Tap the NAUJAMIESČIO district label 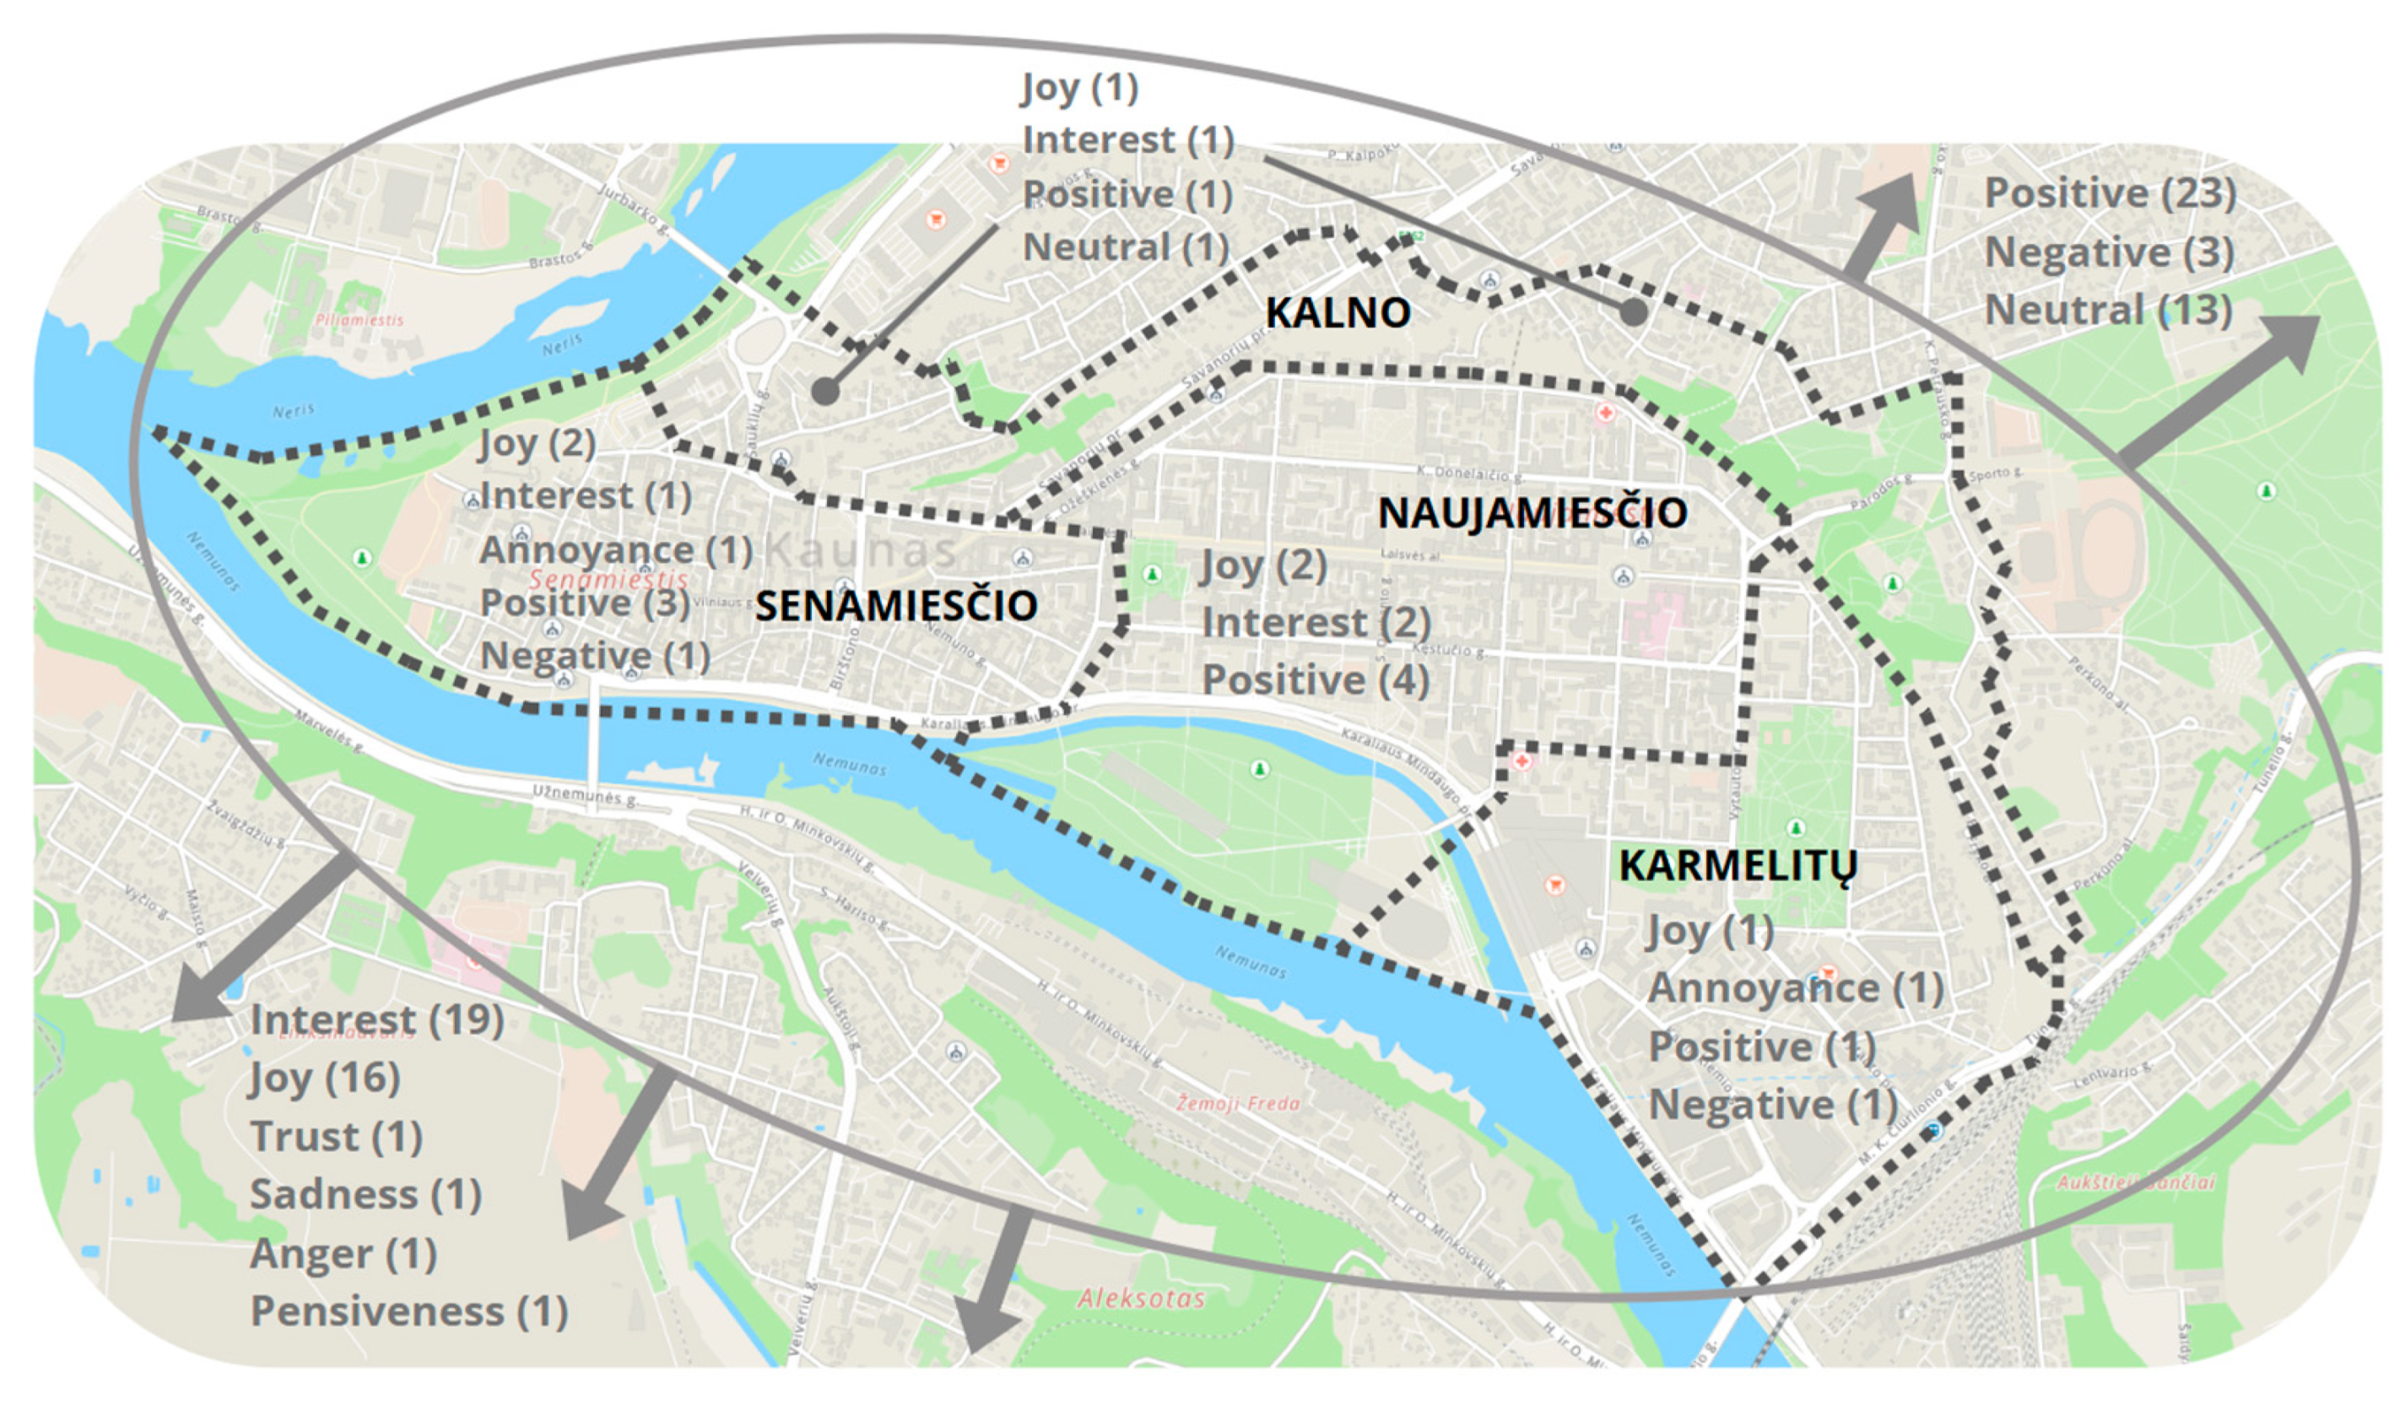coord(1532,513)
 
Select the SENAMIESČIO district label coord(895,606)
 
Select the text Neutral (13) coord(2108,311)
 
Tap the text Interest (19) coord(377,1020)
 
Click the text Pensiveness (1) coord(408,1312)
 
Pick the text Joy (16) coord(325,1079)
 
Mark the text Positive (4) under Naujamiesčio coord(1315,680)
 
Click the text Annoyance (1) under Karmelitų coord(1795,988)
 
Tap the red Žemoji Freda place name coord(1238,1104)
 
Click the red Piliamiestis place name coord(359,320)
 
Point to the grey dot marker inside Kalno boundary coord(1633,312)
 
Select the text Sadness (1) coord(365,1195)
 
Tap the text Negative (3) coord(2109,253)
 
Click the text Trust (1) coord(336,1137)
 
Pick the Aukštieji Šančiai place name coord(2134,1182)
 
